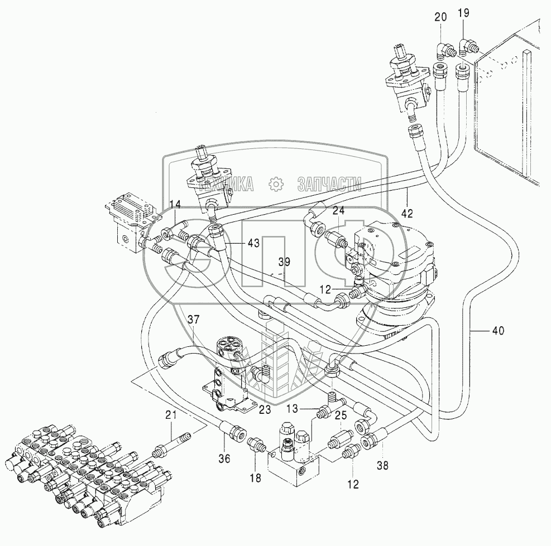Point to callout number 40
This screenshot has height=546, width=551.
coord(497,331)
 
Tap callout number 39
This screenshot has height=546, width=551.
coord(285,262)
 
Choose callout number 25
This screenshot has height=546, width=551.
coord(342,415)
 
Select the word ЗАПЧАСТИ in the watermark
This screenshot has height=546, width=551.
coord(329,184)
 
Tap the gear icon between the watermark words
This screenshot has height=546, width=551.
coord(275,184)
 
